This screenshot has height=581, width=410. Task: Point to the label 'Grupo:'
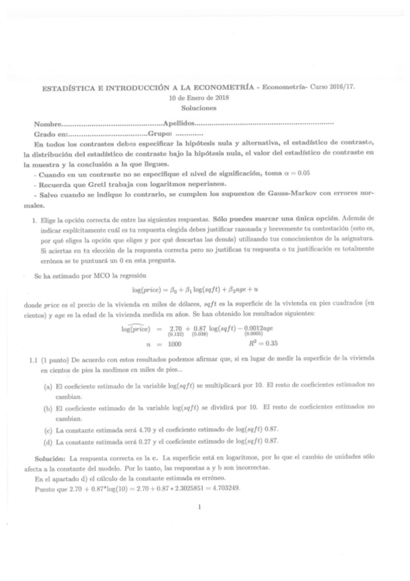coord(154,134)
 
